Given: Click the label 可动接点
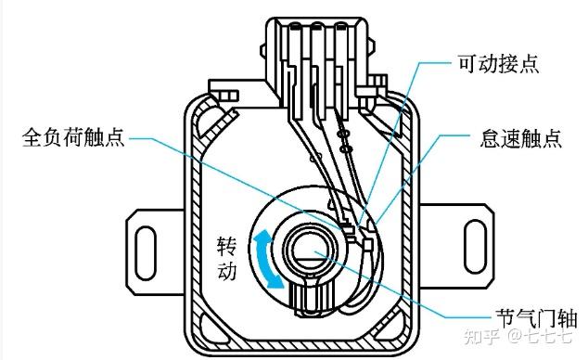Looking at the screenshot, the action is (498, 63).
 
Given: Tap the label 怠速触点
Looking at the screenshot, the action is (520, 138).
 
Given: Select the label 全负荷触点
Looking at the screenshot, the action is (73, 137).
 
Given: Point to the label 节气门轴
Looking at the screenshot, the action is (536, 318).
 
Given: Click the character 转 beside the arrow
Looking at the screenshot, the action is (227, 246).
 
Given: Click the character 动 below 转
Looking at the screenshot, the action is (227, 270).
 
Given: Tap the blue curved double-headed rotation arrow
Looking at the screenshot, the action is (268, 260).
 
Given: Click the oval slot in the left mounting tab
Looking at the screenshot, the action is (146, 252).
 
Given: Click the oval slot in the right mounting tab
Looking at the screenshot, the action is (475, 247).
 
